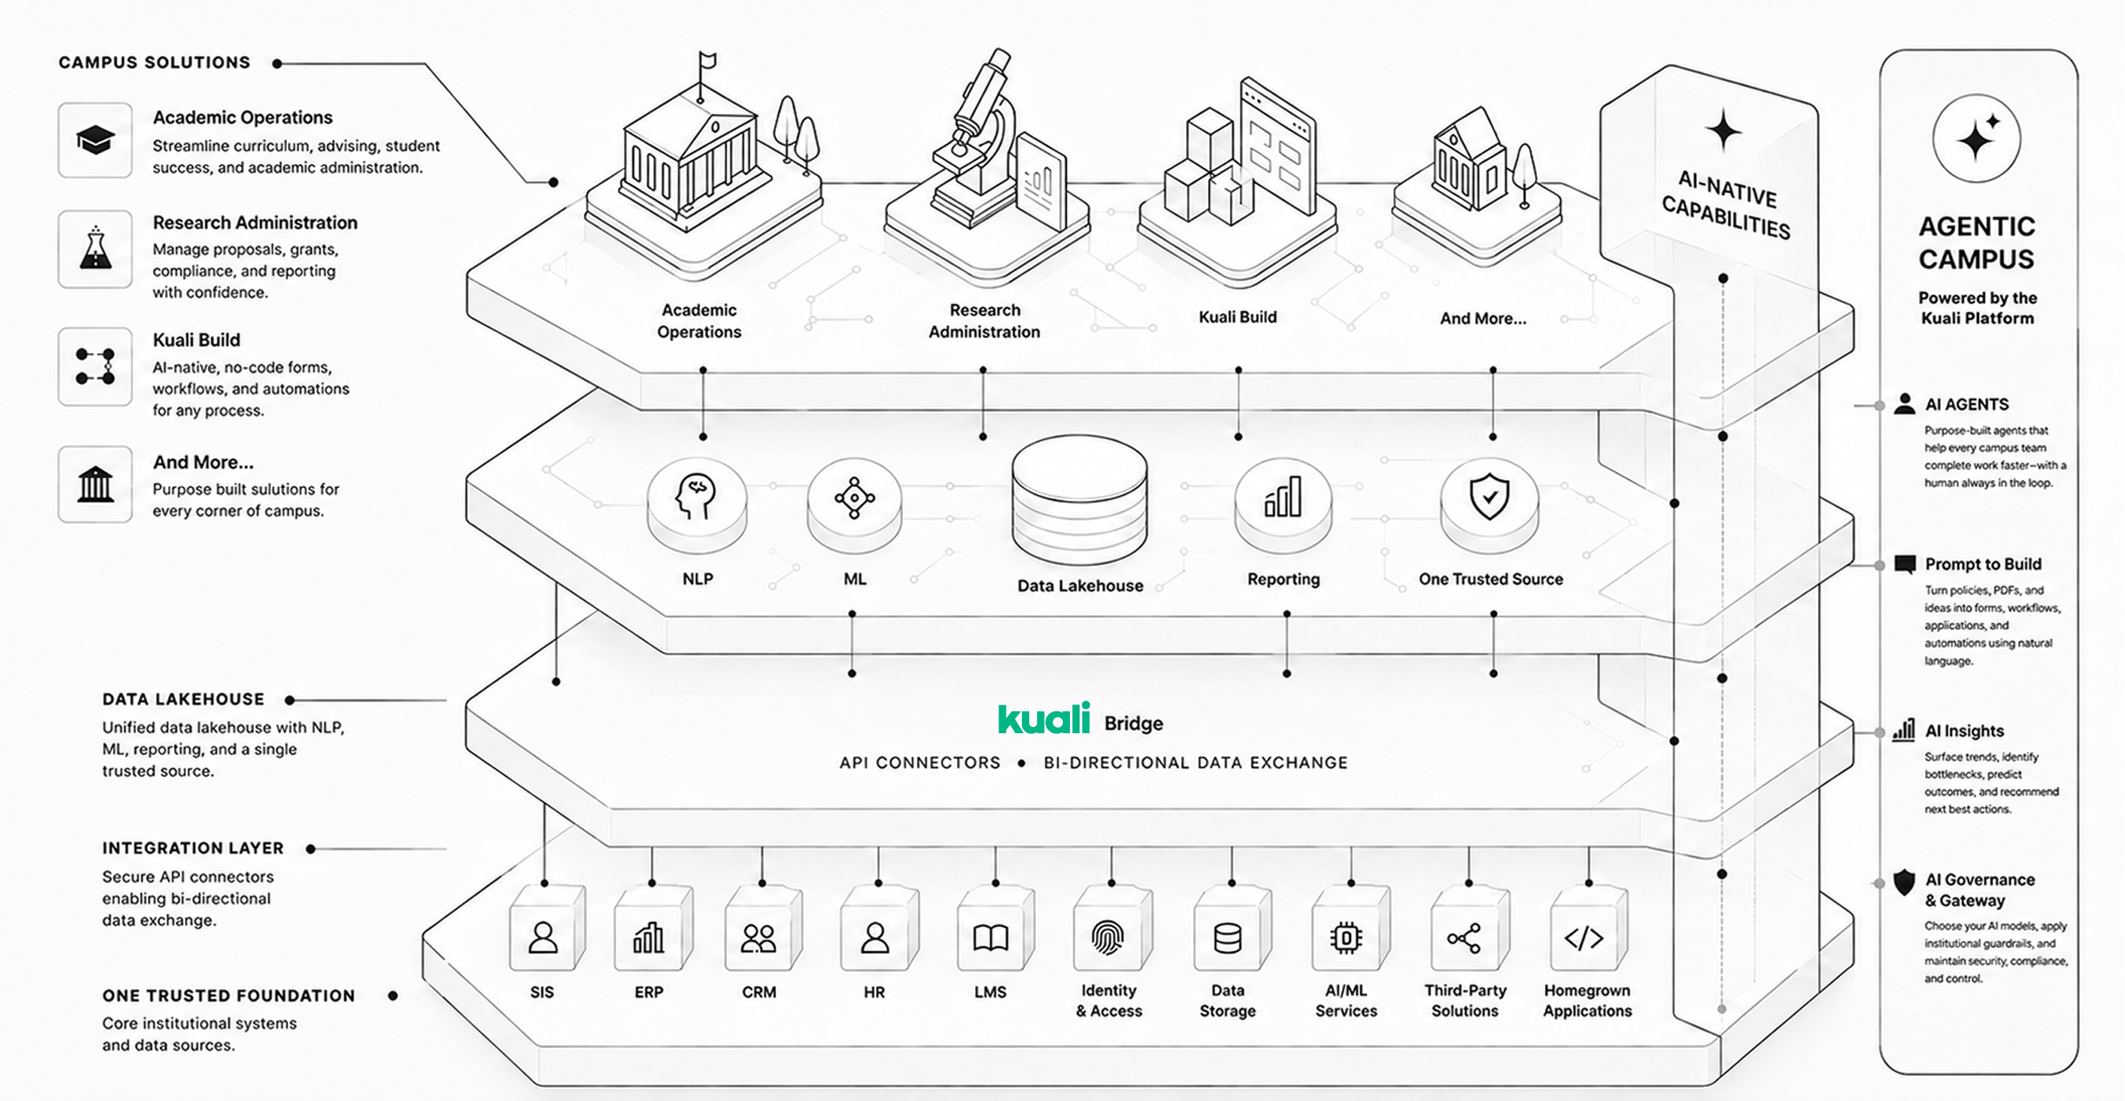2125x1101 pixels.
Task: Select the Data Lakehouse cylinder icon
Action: [1079, 501]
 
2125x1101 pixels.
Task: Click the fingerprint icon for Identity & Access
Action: [1108, 938]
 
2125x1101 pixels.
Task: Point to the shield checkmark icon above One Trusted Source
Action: [1489, 497]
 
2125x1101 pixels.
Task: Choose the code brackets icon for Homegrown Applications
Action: [1583, 938]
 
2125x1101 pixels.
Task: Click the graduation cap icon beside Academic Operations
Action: [95, 140]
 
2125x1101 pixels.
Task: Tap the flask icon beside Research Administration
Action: [95, 248]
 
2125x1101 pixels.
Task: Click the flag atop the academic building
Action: [707, 61]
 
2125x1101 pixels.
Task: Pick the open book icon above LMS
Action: [991, 938]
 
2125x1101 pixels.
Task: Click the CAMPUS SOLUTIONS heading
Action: [154, 63]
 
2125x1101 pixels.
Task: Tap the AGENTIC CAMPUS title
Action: [1976, 243]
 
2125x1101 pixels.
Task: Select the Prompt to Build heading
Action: [1982, 564]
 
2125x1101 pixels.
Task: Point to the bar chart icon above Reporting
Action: [1283, 497]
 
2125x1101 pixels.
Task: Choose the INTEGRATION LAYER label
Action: [193, 848]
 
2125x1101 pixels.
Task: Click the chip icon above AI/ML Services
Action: [1346, 938]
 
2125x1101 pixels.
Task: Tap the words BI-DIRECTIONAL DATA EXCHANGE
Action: [1195, 763]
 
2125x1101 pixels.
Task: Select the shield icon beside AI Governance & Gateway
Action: [1904, 882]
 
